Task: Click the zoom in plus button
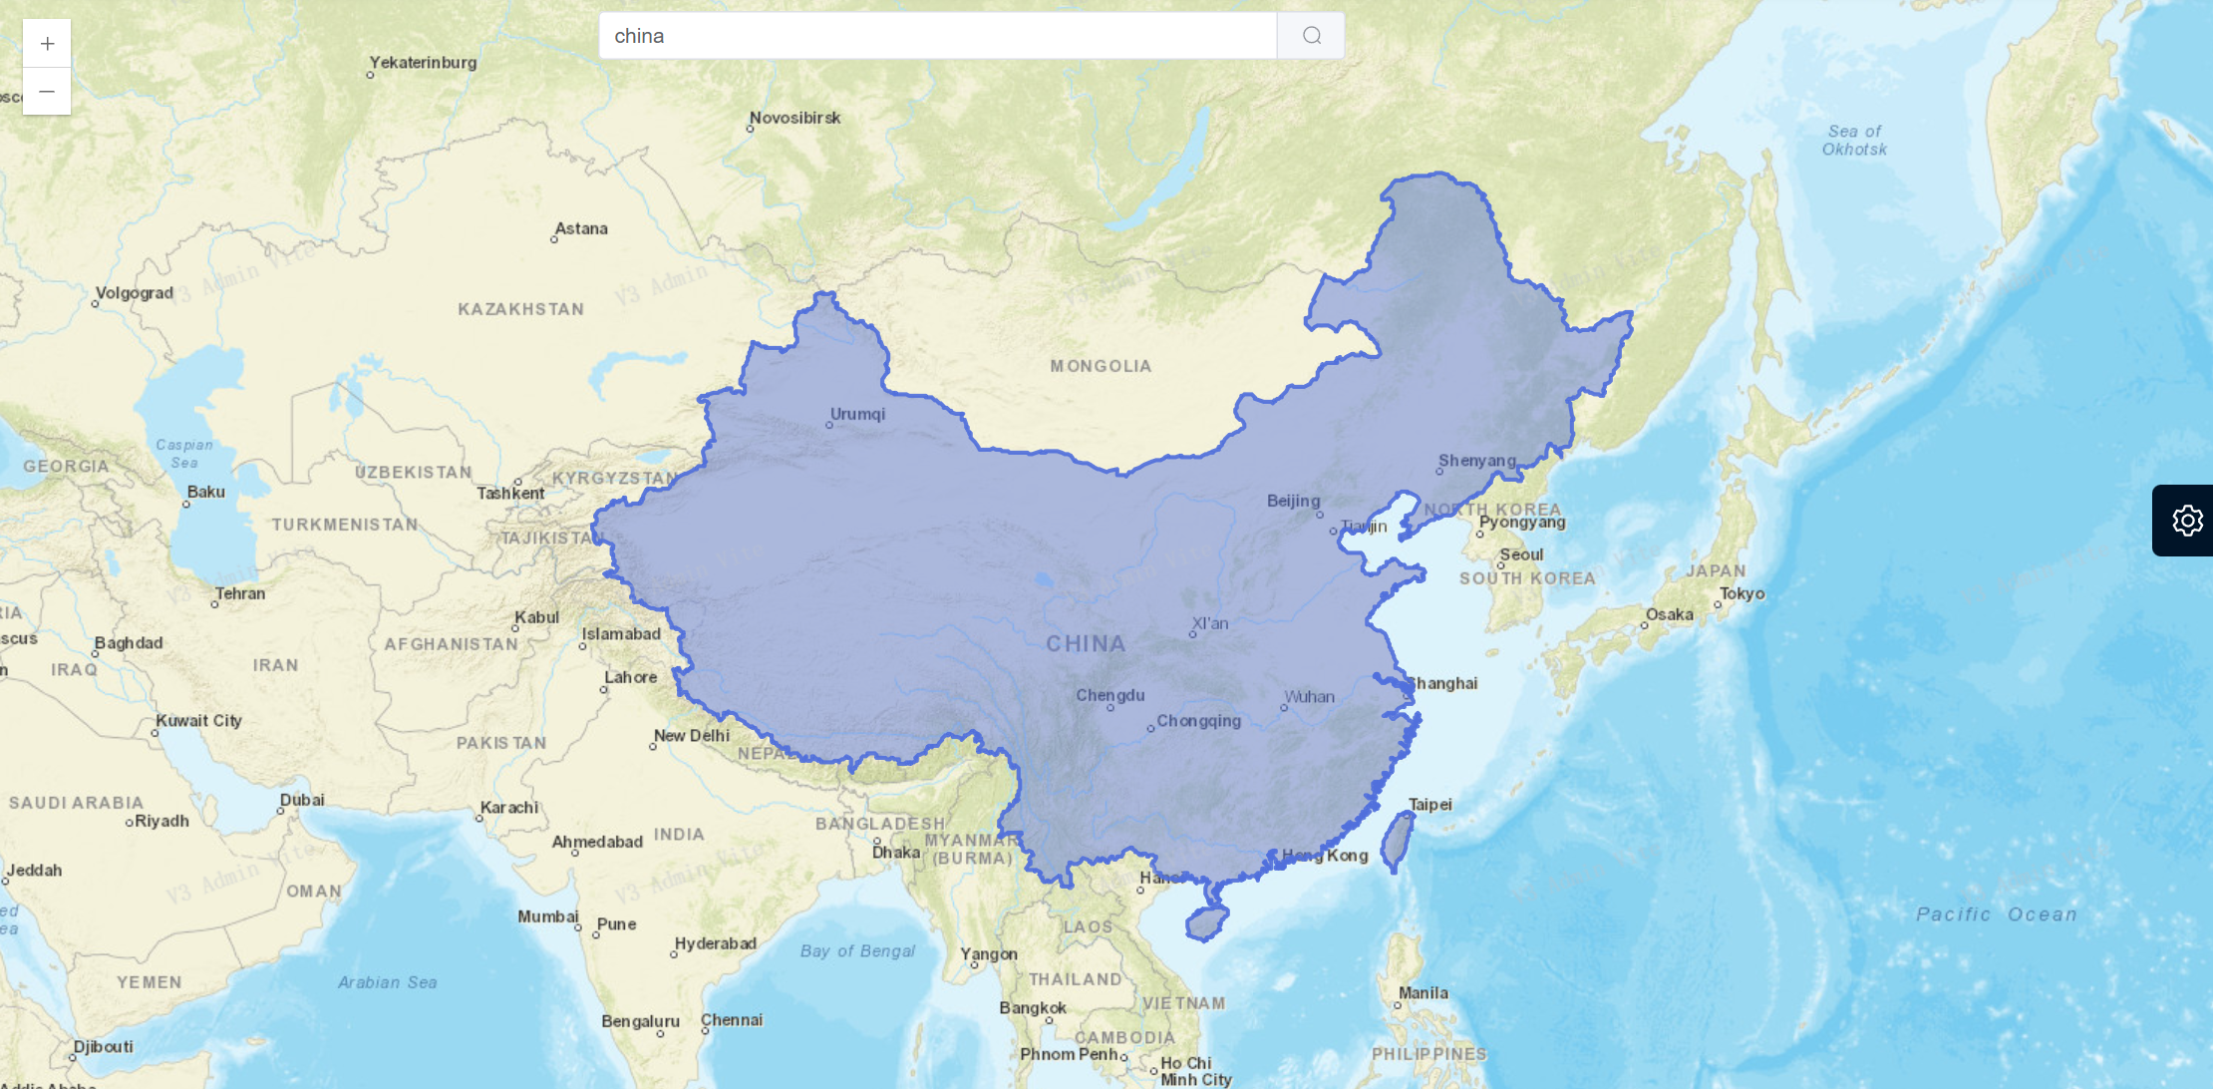click(x=47, y=44)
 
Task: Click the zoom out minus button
click(x=47, y=92)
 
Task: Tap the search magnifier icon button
click(x=1311, y=36)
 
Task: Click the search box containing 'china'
click(x=937, y=36)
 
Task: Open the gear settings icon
click(x=2187, y=521)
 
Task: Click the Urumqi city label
click(x=857, y=414)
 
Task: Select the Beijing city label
click(x=1293, y=501)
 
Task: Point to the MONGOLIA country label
click(x=1101, y=366)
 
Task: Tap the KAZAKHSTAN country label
click(x=520, y=309)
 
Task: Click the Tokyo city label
click(x=1741, y=593)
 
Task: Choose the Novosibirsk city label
click(x=794, y=118)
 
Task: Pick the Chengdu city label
click(x=1109, y=695)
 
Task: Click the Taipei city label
click(x=1429, y=804)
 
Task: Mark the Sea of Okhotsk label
click(x=1854, y=141)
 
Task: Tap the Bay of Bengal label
click(x=857, y=951)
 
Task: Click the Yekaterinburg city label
click(x=423, y=62)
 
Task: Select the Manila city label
click(x=1423, y=993)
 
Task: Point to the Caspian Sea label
click(x=184, y=454)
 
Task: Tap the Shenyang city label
click(x=1476, y=460)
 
